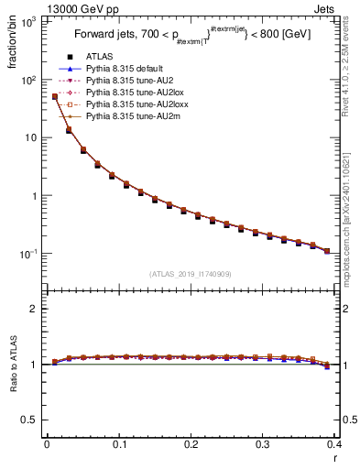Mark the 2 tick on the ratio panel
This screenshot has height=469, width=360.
34,309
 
